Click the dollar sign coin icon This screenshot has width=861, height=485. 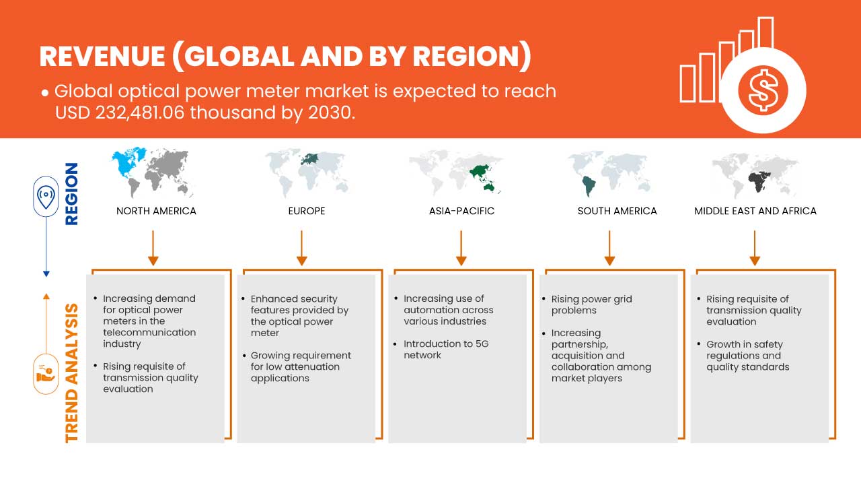point(763,90)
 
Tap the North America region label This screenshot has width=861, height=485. point(156,211)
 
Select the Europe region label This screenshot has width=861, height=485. point(306,211)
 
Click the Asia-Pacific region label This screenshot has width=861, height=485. point(461,211)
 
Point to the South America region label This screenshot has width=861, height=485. point(617,211)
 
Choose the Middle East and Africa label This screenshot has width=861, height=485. point(755,211)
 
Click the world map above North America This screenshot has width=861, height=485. point(153,171)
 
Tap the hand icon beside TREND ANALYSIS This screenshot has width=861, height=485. point(46,373)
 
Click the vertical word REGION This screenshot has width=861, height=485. point(71,194)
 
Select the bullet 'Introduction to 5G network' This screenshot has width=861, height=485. point(446,350)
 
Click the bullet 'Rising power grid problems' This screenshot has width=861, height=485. point(591,304)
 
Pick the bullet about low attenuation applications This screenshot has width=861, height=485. point(301,366)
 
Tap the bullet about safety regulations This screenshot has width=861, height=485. point(748,356)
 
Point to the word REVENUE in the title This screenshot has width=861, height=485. point(102,57)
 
